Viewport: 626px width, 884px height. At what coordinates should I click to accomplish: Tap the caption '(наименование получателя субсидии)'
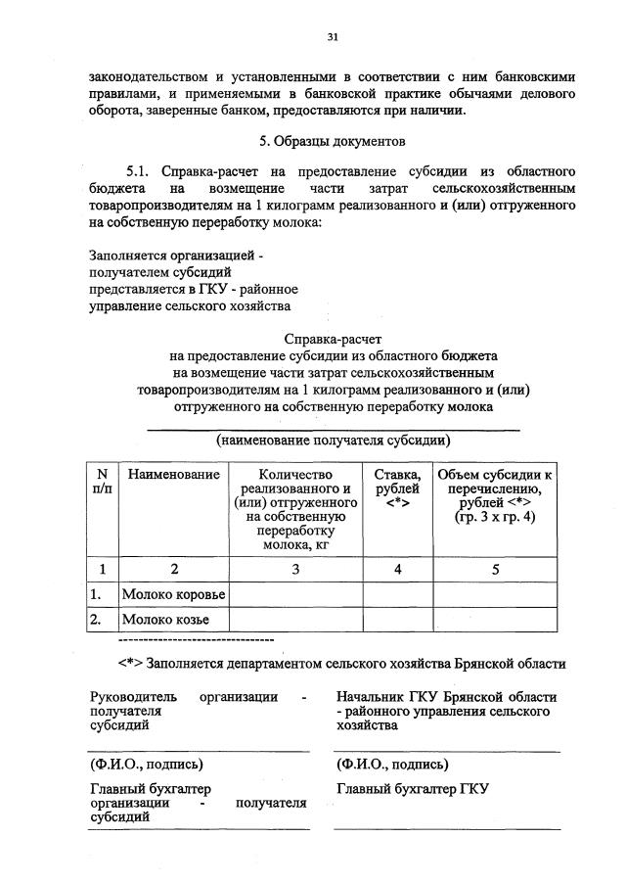click(x=333, y=440)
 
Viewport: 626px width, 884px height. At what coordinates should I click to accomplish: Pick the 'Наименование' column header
click(x=173, y=475)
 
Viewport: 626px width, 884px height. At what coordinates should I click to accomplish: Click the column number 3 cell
click(x=294, y=568)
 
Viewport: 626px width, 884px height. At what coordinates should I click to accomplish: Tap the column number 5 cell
click(x=495, y=568)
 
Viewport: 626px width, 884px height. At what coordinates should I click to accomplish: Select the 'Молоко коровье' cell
click(x=173, y=594)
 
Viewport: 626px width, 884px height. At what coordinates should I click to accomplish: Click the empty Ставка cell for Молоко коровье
click(x=397, y=594)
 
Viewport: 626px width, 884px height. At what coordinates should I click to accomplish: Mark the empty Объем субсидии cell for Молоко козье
click(x=495, y=620)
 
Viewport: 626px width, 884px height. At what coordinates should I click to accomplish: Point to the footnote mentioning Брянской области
click(x=341, y=663)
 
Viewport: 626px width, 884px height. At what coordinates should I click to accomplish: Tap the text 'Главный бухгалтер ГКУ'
click(x=412, y=789)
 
